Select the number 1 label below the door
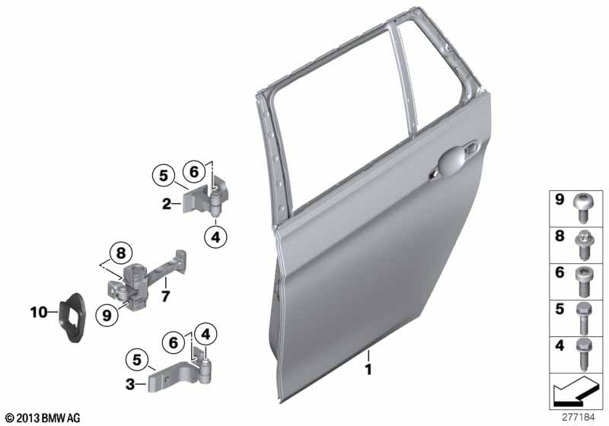[368, 370]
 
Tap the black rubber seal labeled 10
[72, 317]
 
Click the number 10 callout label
[39, 312]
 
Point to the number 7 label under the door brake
[165, 297]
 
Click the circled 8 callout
[121, 253]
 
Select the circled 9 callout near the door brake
[107, 316]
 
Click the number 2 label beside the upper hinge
[167, 203]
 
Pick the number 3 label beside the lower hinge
[130, 384]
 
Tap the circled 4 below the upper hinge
[215, 237]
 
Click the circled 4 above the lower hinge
[206, 334]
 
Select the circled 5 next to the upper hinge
[164, 176]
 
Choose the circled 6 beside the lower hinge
[174, 342]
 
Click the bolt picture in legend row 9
[582, 208]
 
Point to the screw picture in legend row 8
[582, 244]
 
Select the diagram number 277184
[579, 418]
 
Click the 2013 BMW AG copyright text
[43, 418]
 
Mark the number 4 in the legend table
[560, 345]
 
